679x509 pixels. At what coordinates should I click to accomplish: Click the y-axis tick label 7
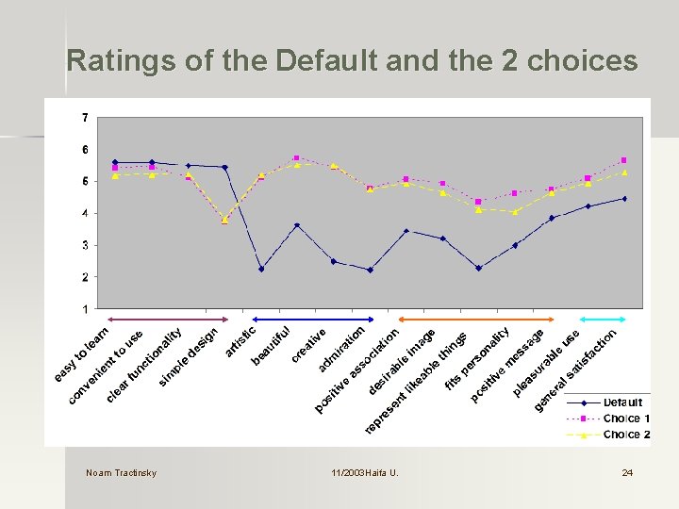click(86, 118)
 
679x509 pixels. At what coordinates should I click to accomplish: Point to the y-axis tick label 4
click(86, 214)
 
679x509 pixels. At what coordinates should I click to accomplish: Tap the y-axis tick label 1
click(86, 309)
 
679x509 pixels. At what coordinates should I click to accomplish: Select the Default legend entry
click(621, 403)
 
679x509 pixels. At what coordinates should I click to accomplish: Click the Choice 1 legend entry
click(621, 419)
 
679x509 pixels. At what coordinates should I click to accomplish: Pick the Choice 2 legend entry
click(621, 435)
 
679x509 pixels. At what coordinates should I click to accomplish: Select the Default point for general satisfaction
click(624, 199)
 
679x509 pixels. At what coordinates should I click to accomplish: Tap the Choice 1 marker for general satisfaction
click(624, 160)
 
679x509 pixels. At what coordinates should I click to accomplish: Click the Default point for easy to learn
click(115, 162)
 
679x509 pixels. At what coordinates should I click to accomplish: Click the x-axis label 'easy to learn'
click(82, 353)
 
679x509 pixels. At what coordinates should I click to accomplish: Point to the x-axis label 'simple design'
click(189, 356)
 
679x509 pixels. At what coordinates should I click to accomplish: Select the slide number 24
click(627, 472)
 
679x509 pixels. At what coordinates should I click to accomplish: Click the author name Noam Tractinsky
click(121, 472)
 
